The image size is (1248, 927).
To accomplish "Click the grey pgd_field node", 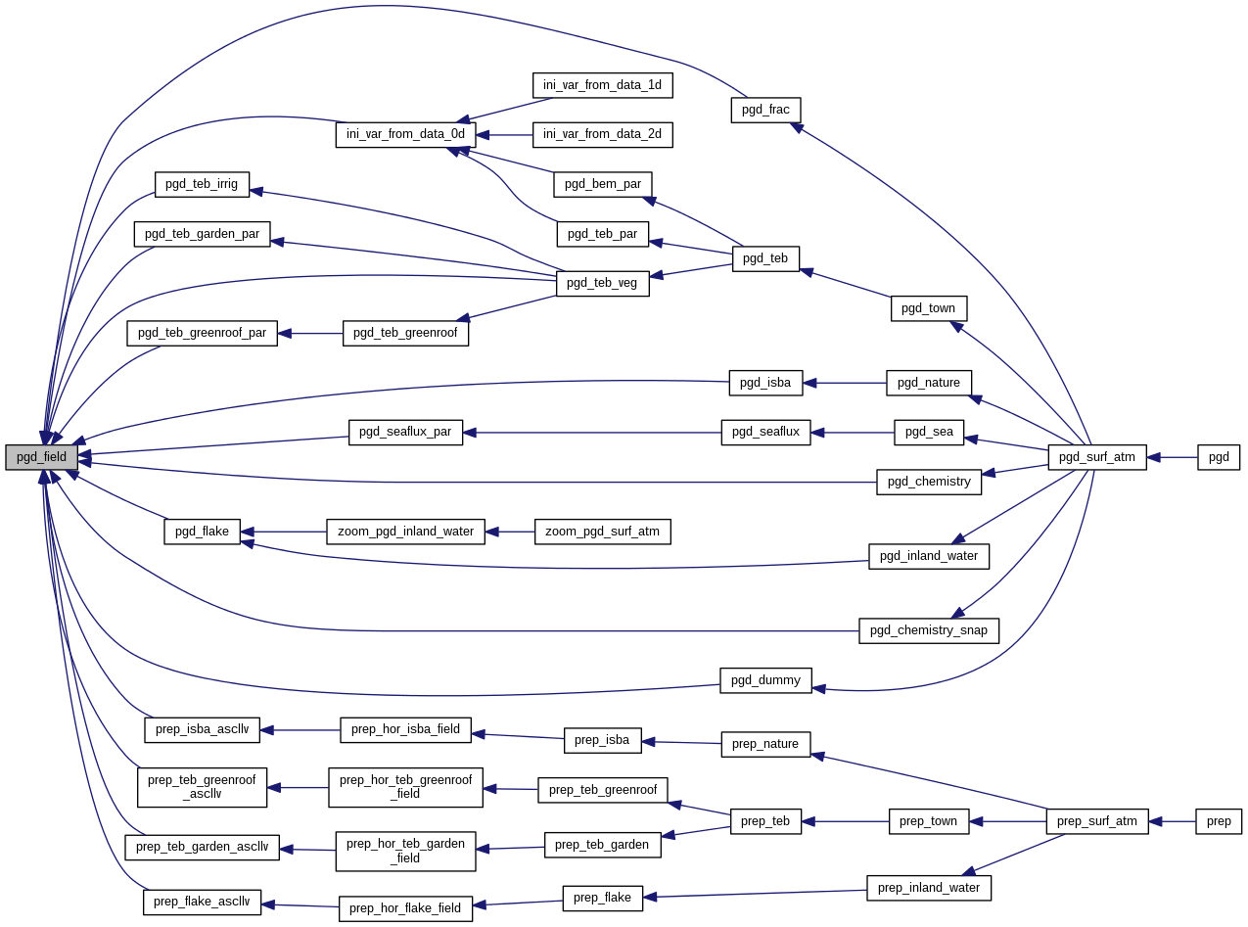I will [x=41, y=457].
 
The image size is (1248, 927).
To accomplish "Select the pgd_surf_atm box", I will [x=1096, y=457].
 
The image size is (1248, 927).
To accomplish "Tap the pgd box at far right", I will [x=1219, y=457].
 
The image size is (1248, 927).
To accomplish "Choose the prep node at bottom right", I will [x=1219, y=821].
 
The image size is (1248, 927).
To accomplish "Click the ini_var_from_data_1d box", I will [x=602, y=85].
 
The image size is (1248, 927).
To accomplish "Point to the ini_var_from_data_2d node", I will [x=602, y=134].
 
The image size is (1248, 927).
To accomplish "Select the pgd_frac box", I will [x=765, y=110].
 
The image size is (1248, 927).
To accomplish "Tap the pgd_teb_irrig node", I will [x=202, y=184].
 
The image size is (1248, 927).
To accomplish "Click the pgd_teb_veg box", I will [x=602, y=284].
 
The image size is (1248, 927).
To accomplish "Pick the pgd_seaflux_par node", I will [x=405, y=433].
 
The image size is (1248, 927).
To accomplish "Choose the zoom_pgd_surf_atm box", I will [x=602, y=532].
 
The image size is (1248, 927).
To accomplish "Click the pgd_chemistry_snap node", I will [x=928, y=630].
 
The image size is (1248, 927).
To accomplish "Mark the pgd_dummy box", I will [x=765, y=680].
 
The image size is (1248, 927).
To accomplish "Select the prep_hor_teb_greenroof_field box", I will [x=405, y=787].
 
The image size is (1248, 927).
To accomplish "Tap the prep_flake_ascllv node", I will [x=202, y=903].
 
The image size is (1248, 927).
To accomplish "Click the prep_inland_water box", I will [x=928, y=888].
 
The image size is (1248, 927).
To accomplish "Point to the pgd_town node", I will [x=928, y=308].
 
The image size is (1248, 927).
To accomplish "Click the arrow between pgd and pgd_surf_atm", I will [x=1173, y=457].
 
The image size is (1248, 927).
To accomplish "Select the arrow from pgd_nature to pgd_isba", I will [x=845, y=383].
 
